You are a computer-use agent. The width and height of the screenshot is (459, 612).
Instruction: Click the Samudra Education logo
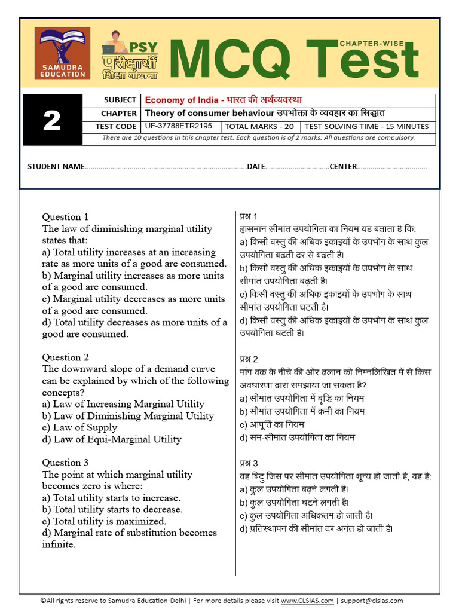(63, 54)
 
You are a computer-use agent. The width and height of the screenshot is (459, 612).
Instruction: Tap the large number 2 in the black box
(52, 120)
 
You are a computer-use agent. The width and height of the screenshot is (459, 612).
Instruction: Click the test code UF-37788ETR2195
(178, 126)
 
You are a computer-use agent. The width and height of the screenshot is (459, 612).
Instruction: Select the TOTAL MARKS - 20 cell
(259, 127)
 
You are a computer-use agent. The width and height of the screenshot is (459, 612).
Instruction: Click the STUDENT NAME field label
(56, 167)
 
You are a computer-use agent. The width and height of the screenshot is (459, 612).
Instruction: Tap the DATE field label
(256, 167)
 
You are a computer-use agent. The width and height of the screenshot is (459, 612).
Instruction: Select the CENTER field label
(343, 167)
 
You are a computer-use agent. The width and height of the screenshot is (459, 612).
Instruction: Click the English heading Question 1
(65, 217)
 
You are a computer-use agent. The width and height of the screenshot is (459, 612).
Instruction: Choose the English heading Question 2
(65, 357)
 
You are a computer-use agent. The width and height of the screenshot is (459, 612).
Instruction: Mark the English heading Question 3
(65, 463)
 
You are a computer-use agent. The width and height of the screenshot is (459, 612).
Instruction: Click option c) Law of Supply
(79, 427)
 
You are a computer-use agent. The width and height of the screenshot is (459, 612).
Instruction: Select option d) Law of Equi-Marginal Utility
(111, 439)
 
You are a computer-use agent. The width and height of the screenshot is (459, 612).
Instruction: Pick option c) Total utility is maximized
(104, 521)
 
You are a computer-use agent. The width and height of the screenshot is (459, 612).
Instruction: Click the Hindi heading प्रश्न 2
(249, 359)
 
